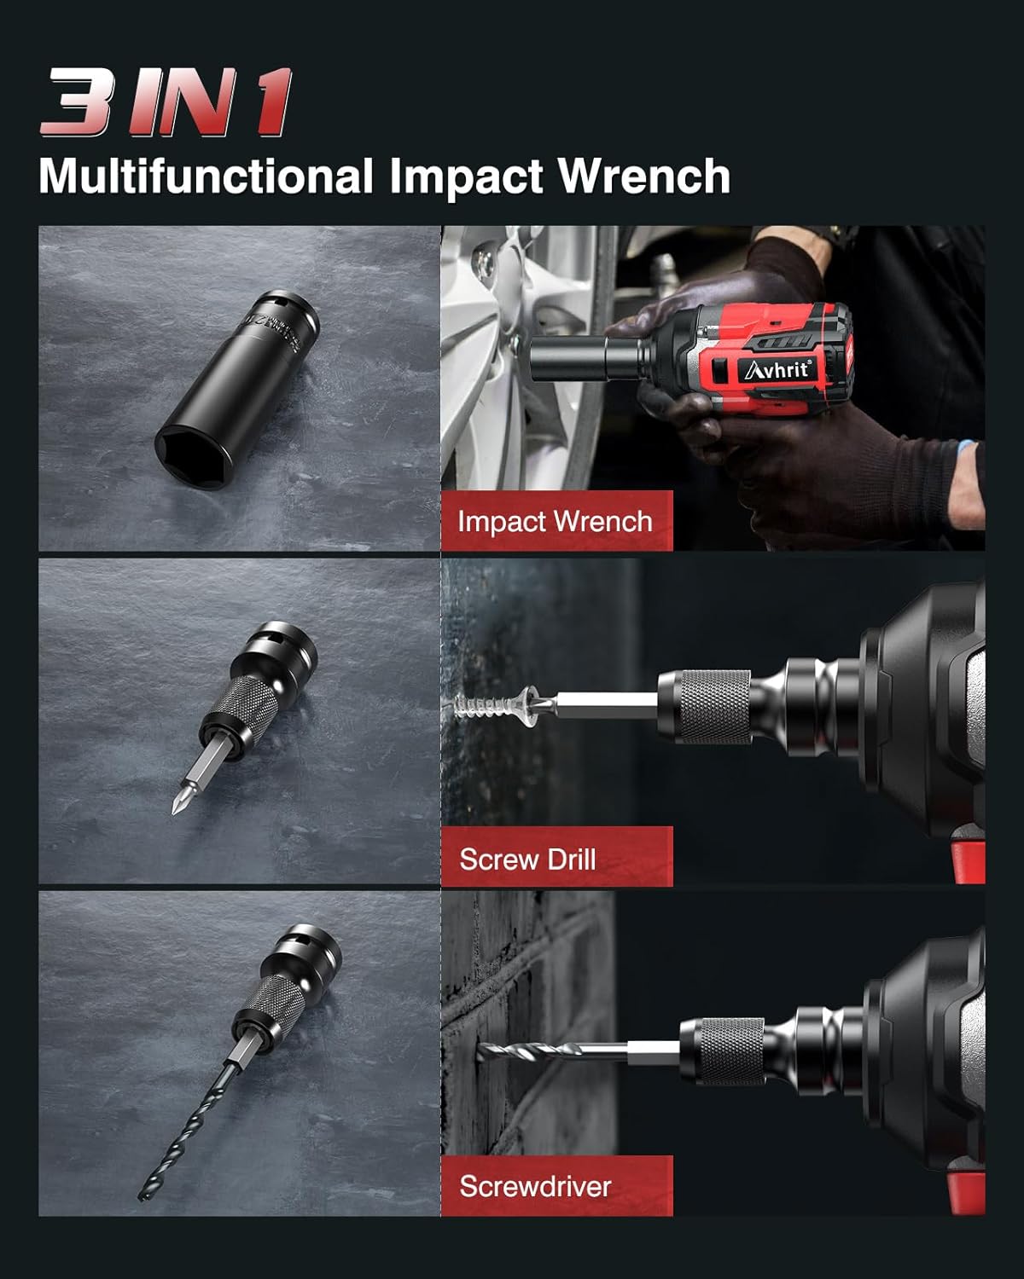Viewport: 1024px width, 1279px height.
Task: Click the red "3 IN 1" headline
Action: point(166,102)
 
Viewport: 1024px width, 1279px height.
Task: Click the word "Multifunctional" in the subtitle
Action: point(206,176)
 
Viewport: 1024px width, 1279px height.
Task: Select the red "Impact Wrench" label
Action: point(556,521)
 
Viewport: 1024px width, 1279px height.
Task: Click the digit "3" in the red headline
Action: point(77,102)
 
